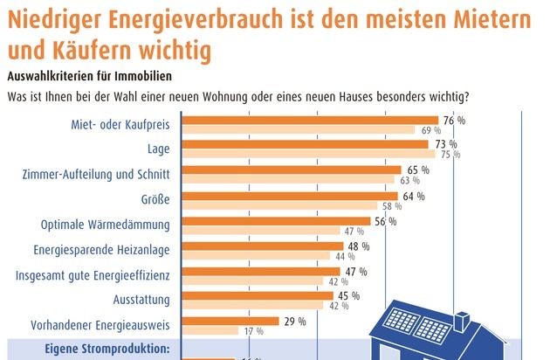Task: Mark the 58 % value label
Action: tap(391, 207)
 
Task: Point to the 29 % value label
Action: tap(295, 322)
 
